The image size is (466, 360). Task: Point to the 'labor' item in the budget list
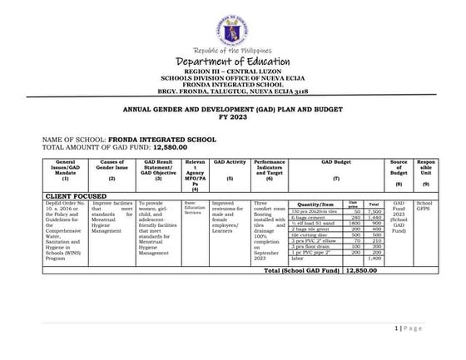(x=300, y=259)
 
